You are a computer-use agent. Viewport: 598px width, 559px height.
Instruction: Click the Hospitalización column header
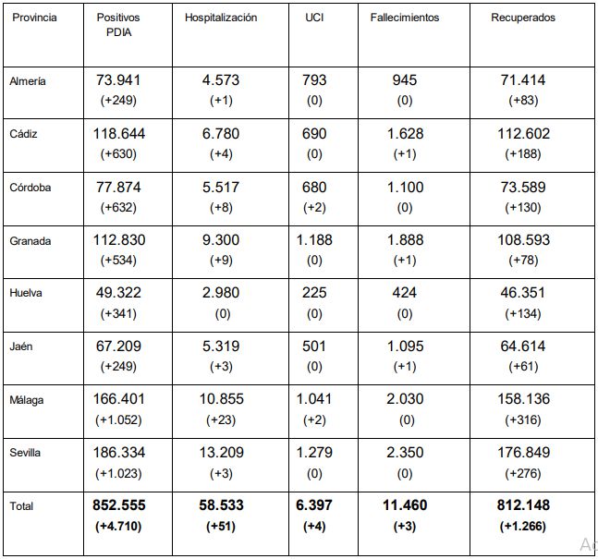[221, 18]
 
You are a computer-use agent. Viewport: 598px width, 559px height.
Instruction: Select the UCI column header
[314, 18]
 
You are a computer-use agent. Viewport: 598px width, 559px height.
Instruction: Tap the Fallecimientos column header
[405, 18]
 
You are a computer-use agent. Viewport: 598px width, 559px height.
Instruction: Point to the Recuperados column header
[523, 18]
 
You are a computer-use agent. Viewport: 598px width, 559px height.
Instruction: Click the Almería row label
[28, 80]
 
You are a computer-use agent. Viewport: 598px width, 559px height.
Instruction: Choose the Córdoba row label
[31, 188]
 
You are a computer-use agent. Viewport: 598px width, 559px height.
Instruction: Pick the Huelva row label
[26, 293]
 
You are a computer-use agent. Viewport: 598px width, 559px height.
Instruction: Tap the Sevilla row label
[25, 453]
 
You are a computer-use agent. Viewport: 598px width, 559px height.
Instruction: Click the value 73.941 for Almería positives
[118, 80]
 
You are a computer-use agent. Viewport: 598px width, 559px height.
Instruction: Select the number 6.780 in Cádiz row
[221, 133]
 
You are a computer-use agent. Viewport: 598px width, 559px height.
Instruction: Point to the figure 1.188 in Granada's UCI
[314, 240]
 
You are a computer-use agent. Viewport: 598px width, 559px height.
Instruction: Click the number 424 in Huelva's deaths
[404, 293]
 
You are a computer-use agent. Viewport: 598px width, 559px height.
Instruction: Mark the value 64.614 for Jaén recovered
[523, 346]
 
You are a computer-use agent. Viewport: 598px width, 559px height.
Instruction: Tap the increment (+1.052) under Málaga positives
[118, 419]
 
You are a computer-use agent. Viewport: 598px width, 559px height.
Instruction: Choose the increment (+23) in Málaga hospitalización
[221, 419]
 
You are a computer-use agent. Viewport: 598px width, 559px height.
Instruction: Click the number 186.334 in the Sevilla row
[119, 452]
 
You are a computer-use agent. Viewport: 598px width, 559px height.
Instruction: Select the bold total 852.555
[119, 505]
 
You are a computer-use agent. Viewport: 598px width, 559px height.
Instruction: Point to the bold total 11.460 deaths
[405, 505]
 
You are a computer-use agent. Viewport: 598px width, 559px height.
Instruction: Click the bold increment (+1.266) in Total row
[523, 527]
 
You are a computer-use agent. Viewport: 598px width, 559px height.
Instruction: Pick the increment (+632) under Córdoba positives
[118, 208]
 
